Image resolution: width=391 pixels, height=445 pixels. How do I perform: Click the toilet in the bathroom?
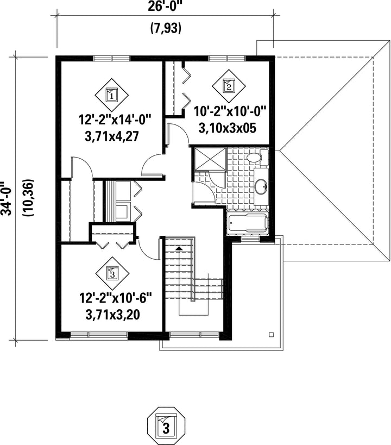point(257,158)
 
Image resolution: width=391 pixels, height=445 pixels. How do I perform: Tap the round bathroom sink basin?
point(261,187)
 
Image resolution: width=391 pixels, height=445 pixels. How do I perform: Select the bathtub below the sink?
point(248,223)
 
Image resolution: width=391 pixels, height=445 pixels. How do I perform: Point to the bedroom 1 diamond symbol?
point(111,95)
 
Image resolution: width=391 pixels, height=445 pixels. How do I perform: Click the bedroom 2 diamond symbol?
point(229,86)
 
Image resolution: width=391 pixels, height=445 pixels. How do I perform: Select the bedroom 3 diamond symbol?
point(112,274)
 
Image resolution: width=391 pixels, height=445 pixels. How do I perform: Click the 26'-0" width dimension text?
point(165,7)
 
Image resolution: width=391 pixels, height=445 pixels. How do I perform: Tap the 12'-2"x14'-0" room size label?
point(114,120)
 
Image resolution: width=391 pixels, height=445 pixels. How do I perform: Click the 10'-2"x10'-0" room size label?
point(230,111)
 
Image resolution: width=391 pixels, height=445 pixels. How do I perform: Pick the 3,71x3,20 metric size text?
point(112,315)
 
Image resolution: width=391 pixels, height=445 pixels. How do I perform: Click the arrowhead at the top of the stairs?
point(179,248)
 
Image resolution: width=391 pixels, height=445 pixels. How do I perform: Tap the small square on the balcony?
point(272,335)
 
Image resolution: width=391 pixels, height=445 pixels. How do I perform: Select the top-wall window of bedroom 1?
point(112,59)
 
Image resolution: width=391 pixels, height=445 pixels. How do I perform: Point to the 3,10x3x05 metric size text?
point(228,128)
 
